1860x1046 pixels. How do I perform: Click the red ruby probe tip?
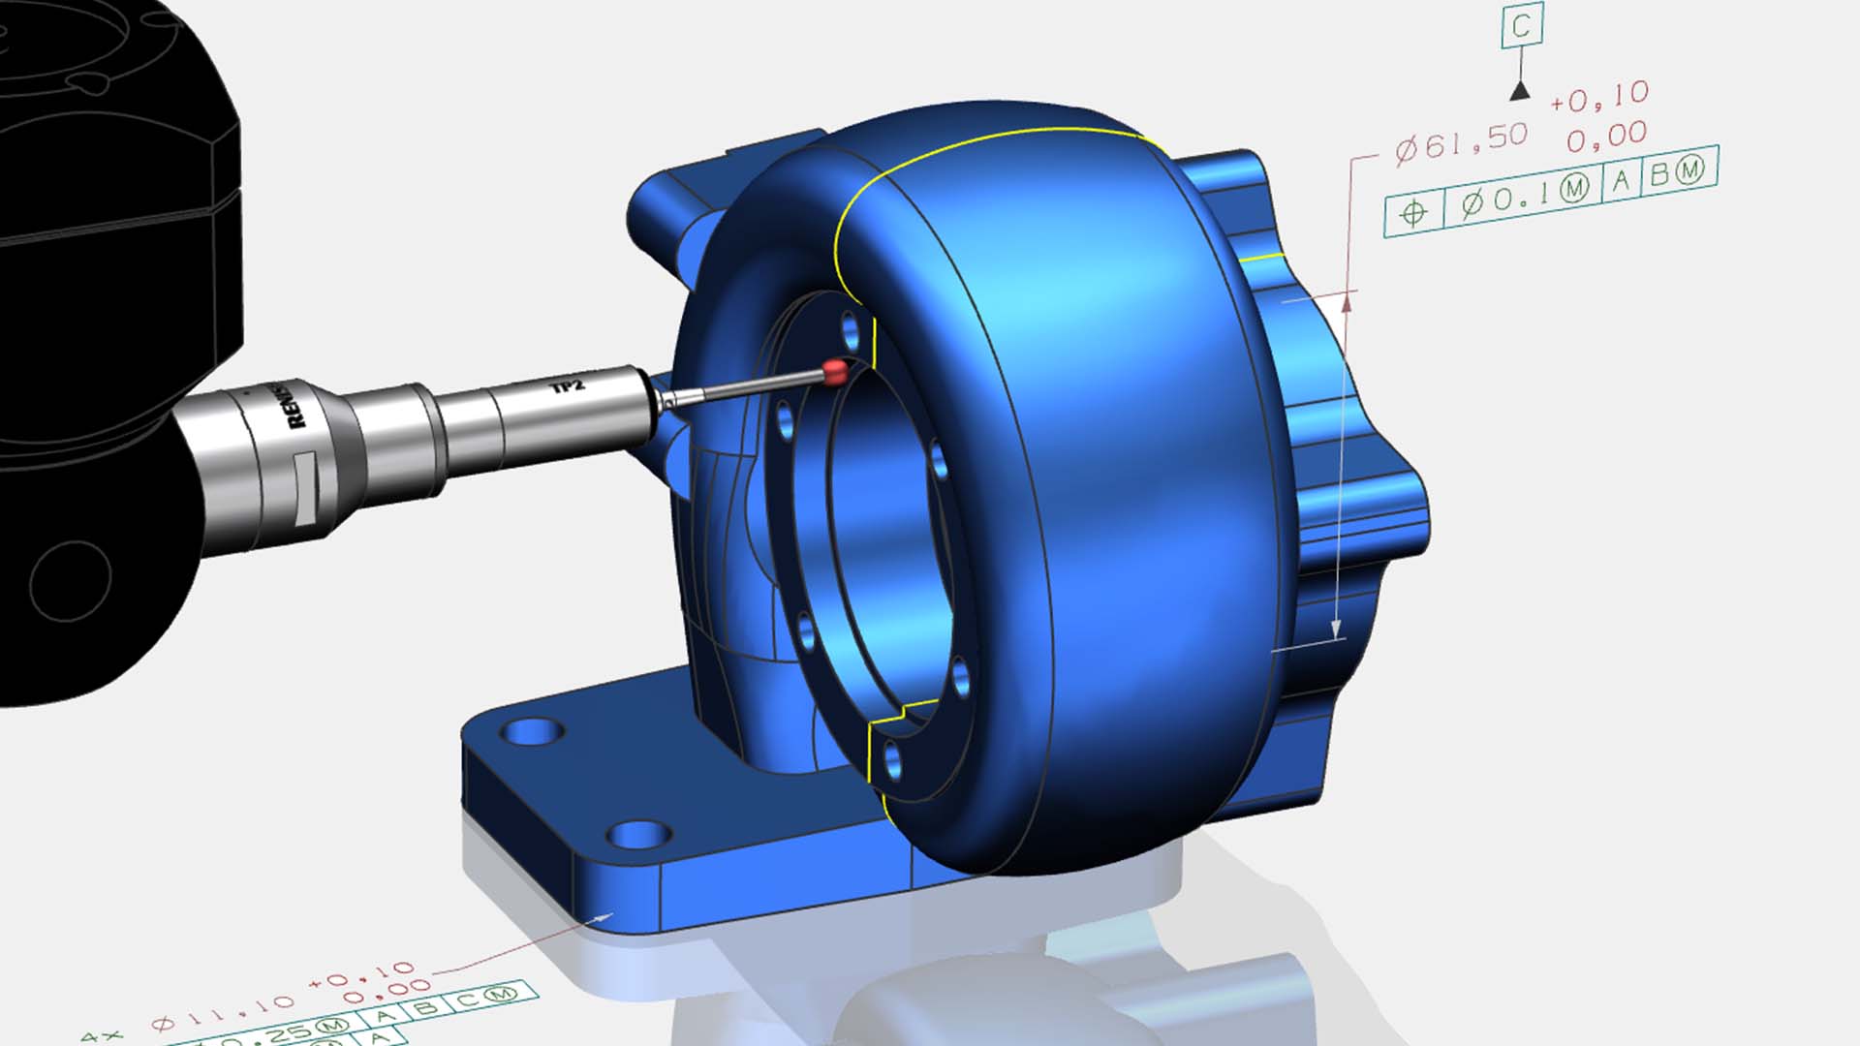click(x=835, y=371)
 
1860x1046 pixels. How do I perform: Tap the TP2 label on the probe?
click(x=568, y=386)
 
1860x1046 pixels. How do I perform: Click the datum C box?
click(x=1521, y=26)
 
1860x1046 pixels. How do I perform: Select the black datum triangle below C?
click(x=1520, y=91)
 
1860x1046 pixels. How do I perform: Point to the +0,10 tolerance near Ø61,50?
click(x=1598, y=96)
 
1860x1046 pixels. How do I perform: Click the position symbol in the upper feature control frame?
click(x=1413, y=212)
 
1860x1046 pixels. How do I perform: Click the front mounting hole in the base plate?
click(x=638, y=834)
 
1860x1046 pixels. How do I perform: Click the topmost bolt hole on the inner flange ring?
click(x=852, y=331)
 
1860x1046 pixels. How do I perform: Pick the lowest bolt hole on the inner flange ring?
click(x=893, y=761)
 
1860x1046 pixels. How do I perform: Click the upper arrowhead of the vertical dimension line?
click(x=1347, y=303)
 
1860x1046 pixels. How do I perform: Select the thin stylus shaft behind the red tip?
click(x=746, y=387)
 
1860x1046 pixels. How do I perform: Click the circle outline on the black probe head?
click(x=70, y=581)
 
